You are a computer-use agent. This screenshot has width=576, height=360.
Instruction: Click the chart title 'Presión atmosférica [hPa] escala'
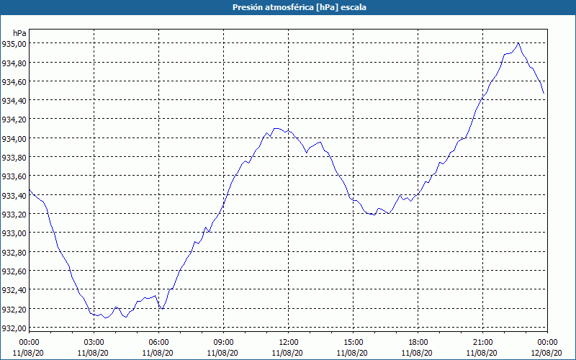pyautogui.click(x=288, y=7)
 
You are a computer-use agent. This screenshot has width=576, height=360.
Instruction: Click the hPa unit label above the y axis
pyautogui.click(x=19, y=33)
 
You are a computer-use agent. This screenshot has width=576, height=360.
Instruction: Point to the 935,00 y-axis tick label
pyautogui.click(x=14, y=44)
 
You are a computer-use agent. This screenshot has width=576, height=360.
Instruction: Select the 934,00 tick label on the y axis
pyautogui.click(x=14, y=138)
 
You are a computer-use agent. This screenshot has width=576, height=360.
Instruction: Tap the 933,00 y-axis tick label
pyautogui.click(x=14, y=233)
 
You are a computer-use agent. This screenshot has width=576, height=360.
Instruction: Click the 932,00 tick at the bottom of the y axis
pyautogui.click(x=14, y=328)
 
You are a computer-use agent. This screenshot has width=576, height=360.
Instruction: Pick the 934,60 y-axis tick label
pyautogui.click(x=14, y=81)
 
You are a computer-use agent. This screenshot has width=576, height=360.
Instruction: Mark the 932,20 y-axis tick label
pyautogui.click(x=14, y=309)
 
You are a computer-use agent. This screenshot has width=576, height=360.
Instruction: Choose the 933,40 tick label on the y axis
pyautogui.click(x=14, y=195)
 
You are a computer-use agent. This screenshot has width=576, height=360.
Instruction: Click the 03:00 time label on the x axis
pyautogui.click(x=94, y=341)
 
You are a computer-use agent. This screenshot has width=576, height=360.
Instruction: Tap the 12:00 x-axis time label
pyautogui.click(x=288, y=341)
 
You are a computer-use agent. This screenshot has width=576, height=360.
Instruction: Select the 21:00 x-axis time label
pyautogui.click(x=482, y=341)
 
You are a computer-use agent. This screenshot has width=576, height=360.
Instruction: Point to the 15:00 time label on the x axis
pyautogui.click(x=353, y=341)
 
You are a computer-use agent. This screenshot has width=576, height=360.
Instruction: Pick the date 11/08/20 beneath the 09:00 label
pyautogui.click(x=223, y=353)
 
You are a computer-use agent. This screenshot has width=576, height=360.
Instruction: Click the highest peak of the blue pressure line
pyautogui.click(x=518, y=43)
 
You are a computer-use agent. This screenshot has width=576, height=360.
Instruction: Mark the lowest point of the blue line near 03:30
pyautogui.click(x=104, y=318)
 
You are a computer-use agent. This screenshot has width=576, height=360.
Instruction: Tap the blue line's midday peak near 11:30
pyautogui.click(x=276, y=128)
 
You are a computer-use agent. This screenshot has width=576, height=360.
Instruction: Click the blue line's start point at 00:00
pyautogui.click(x=29, y=192)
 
